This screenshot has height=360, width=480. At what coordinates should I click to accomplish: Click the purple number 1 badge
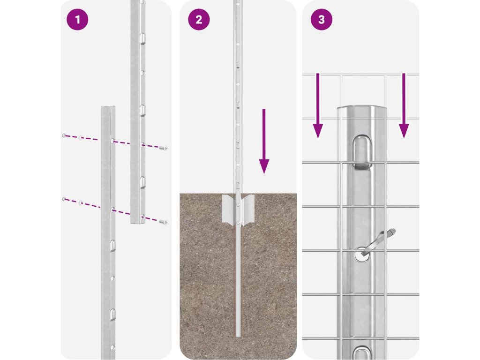coord(77,20)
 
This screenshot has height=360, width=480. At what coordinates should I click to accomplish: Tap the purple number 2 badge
coord(199,20)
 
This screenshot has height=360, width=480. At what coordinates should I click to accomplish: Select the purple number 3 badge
coord(322,20)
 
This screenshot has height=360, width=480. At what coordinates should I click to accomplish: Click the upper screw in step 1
coord(164,149)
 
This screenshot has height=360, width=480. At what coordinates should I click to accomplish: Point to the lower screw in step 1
coord(163,222)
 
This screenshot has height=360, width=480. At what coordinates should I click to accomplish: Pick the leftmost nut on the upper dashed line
coord(64,135)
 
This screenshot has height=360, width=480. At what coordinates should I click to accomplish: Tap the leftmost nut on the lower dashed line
coord(64,199)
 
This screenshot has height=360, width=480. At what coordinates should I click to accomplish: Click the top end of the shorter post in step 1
coord(108,107)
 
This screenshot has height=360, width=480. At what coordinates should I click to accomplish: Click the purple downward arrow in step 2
coord(264,141)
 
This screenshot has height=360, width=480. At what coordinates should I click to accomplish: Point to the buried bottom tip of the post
coord(238,336)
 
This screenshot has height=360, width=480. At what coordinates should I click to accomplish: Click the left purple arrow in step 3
coord(318,105)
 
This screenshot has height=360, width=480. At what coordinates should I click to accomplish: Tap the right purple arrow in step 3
coord(404,105)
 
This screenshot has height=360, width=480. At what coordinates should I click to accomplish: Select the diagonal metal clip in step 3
coord(379,242)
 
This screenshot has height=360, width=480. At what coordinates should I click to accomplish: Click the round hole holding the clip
coord(362,255)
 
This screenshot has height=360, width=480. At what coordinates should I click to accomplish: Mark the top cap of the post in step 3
coord(362,109)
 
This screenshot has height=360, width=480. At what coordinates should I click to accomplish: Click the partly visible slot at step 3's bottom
coord(362,353)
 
